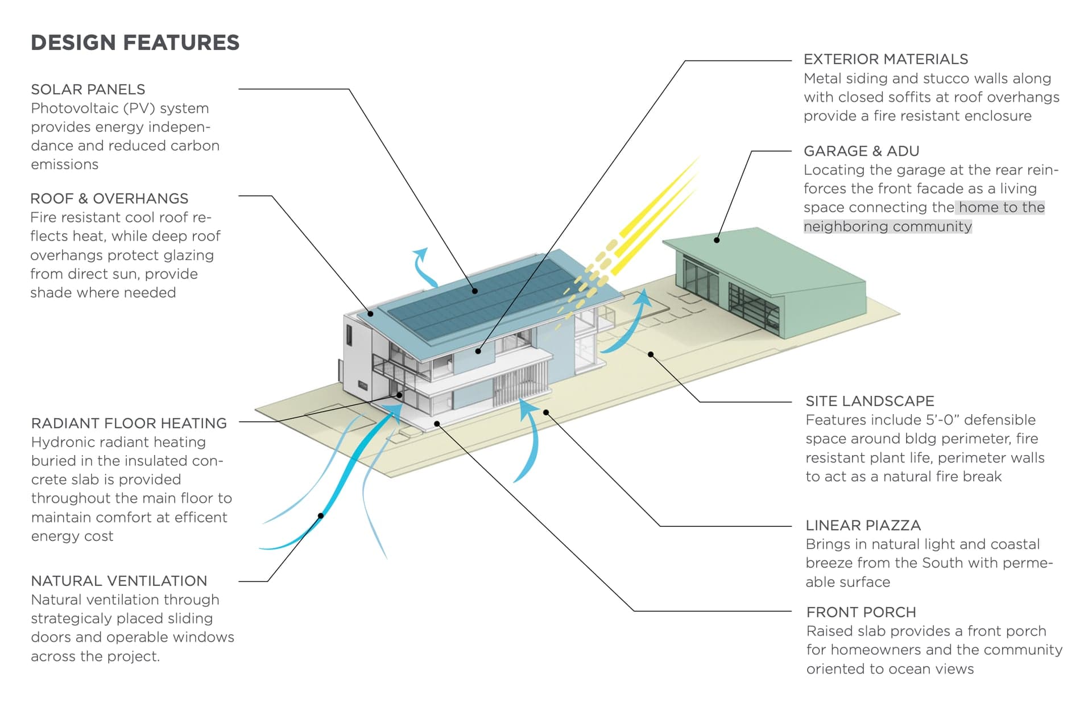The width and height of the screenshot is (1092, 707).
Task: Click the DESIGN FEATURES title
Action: pyautogui.click(x=135, y=43)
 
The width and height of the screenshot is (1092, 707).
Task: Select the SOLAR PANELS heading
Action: pyautogui.click(x=88, y=89)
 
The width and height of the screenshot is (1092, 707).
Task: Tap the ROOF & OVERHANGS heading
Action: pyautogui.click(x=109, y=199)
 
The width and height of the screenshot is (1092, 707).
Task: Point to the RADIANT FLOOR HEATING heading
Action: pyautogui.click(x=129, y=423)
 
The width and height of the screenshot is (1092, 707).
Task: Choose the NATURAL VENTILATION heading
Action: pyautogui.click(x=119, y=581)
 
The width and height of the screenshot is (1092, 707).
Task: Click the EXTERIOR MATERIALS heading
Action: pyautogui.click(x=886, y=59)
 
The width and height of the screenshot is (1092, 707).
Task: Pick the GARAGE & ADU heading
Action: pyautogui.click(x=861, y=151)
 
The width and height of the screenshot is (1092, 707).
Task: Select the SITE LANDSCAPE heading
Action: pyautogui.click(x=870, y=401)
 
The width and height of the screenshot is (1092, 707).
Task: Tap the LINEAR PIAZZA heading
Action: pyautogui.click(x=863, y=525)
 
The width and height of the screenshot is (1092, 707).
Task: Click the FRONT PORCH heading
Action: pyautogui.click(x=861, y=612)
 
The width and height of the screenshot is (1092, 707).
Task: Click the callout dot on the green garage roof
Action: pyautogui.click(x=717, y=240)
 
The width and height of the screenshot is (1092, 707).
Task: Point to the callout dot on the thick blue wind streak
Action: pyautogui.click(x=321, y=516)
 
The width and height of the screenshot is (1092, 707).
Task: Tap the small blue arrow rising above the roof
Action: pyautogui.click(x=423, y=266)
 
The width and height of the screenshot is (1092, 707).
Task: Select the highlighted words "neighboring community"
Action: pyautogui.click(x=887, y=226)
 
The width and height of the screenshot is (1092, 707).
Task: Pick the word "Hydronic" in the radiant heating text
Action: pyautogui.click(x=61, y=442)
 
